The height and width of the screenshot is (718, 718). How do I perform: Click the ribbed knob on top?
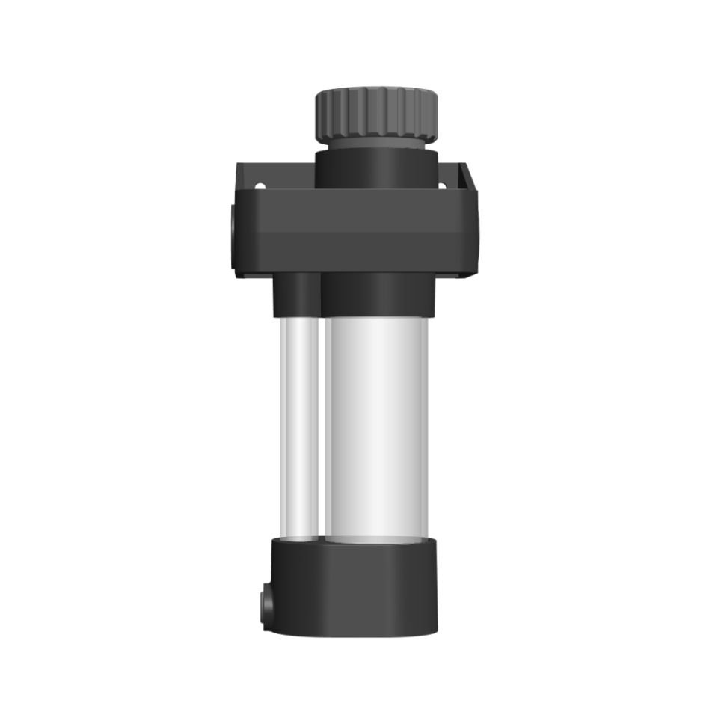pyautogui.click(x=375, y=112)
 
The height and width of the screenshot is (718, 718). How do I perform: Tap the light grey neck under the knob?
pyautogui.click(x=375, y=141)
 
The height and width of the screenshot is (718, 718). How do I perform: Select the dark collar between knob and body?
pyautogui.click(x=375, y=169)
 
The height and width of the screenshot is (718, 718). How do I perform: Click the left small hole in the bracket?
pyautogui.click(x=260, y=186)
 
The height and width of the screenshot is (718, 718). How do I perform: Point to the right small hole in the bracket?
pyautogui.click(x=441, y=185)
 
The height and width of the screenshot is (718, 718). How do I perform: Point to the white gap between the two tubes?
pyautogui.click(x=322, y=426)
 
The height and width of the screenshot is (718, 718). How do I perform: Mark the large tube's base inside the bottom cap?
pyautogui.click(x=376, y=538)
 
